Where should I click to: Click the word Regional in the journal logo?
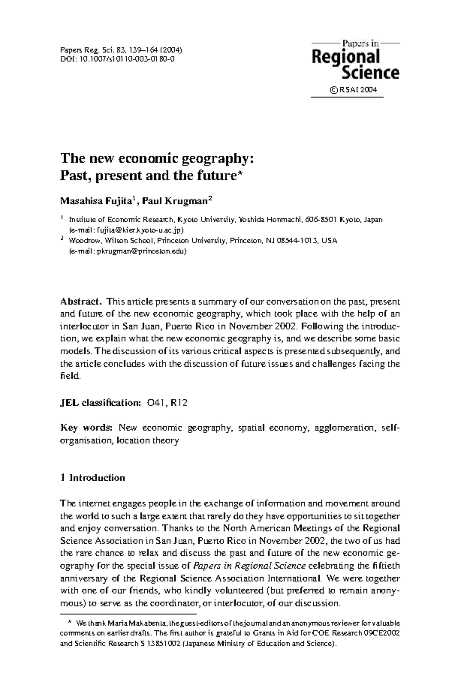346,57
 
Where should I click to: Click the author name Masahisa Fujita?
96,201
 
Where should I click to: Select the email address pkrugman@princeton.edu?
141,251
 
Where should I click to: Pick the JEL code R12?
179,403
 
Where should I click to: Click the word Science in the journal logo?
370,72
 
